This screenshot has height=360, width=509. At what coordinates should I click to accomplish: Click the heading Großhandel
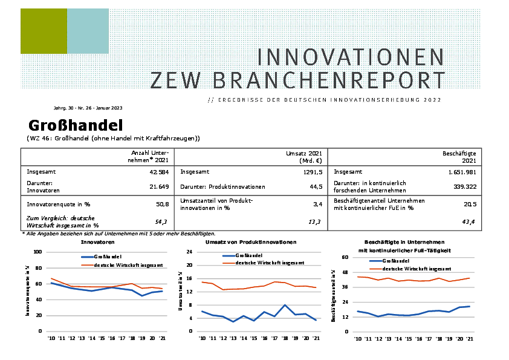point(75,126)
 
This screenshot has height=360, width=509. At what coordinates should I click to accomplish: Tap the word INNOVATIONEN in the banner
point(351,57)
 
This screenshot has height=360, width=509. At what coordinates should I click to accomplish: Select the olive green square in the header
point(44,31)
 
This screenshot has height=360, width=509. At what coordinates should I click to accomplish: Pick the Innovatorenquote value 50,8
point(162,205)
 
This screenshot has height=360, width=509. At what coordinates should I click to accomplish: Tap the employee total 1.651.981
point(458,172)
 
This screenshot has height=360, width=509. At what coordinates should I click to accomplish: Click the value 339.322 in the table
point(465,186)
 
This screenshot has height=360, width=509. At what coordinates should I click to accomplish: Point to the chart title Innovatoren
point(98,242)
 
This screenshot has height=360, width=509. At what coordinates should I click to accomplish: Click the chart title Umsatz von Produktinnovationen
point(251,242)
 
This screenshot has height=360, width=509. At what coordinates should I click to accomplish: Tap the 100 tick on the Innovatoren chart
point(37,252)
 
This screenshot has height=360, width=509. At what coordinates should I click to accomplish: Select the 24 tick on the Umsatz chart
point(189,252)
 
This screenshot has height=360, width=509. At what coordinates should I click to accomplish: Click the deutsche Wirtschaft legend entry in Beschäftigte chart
point(418,267)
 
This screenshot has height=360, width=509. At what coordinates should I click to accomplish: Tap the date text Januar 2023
point(109,108)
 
